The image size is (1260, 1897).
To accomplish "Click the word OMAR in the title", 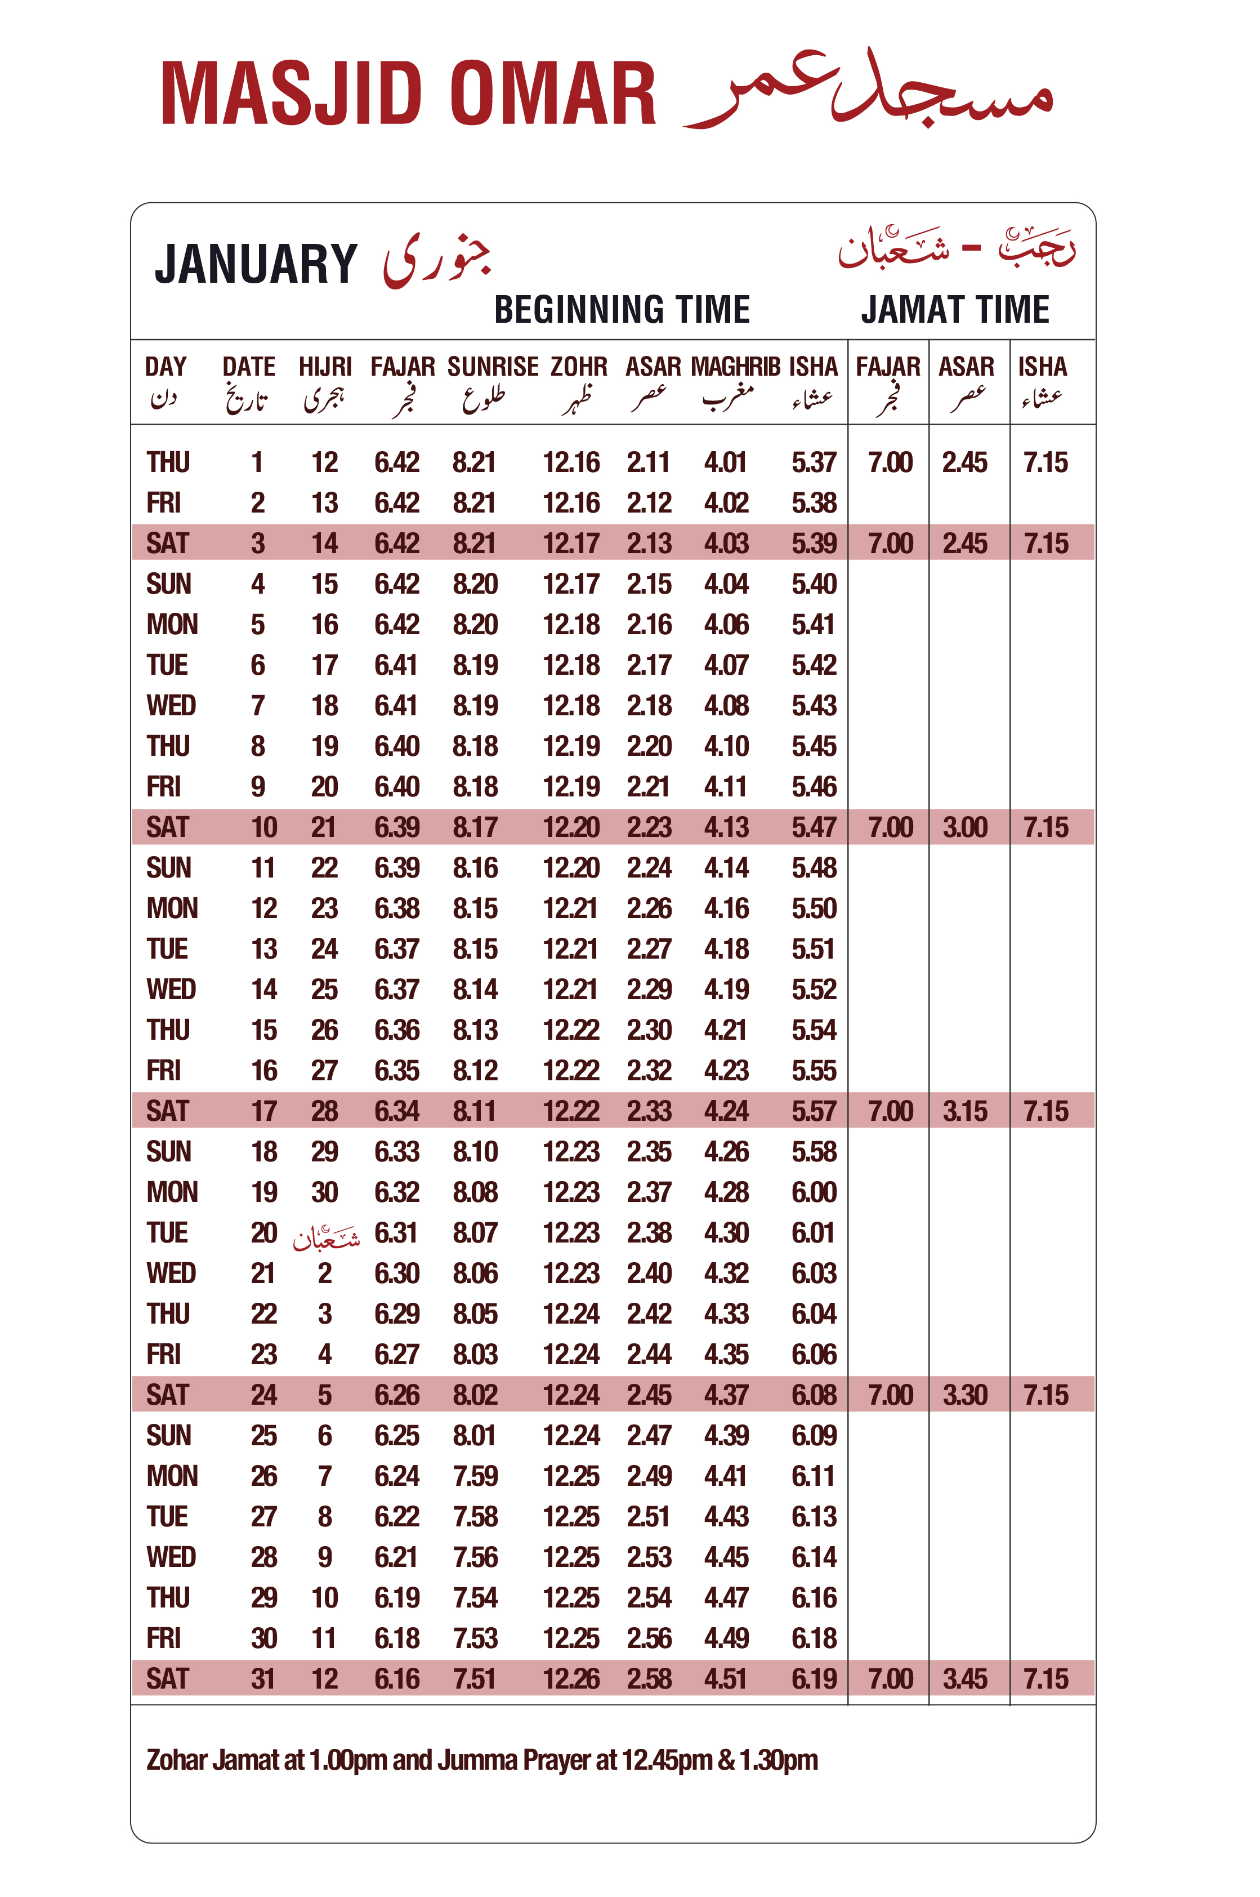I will point(552,95).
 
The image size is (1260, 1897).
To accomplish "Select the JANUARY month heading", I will point(256,265).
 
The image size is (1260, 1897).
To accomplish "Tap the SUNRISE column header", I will point(493,367).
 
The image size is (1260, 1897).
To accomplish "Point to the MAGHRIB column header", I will point(735,367).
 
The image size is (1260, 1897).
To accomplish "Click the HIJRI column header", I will point(325,367).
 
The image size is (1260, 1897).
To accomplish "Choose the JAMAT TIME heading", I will point(955,309).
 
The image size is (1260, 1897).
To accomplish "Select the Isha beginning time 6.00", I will point(813,1192).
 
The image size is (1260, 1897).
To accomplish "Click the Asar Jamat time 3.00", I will point(964,827).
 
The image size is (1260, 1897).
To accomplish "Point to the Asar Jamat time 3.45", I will point(964,1679).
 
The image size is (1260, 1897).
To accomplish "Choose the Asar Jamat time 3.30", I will point(964,1395).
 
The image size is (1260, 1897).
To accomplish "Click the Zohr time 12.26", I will point(570,1679).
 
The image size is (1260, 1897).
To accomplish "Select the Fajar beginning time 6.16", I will point(396,1679).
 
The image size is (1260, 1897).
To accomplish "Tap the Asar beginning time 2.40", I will point(649,1273).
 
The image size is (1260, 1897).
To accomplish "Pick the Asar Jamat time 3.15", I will point(964,1111).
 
